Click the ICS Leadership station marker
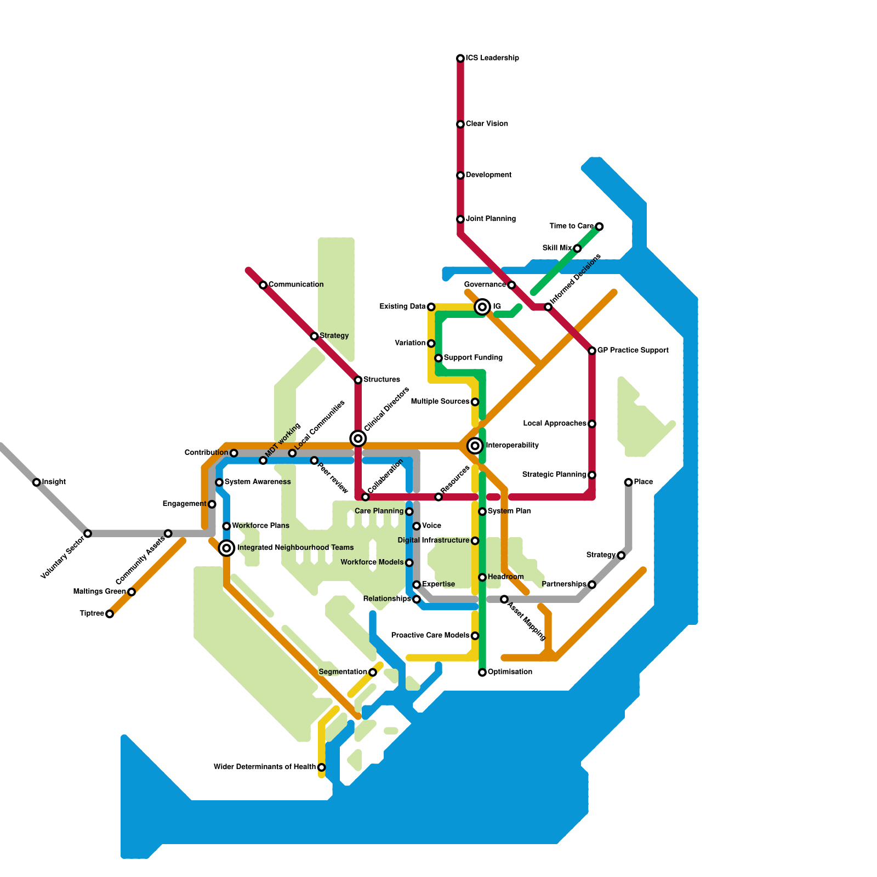coord(460,58)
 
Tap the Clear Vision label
coord(487,124)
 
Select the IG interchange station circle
coord(482,307)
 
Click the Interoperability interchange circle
coord(475,446)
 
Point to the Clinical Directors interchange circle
coord(358,438)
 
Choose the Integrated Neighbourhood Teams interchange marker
coord(226,548)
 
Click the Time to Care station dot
coord(599,226)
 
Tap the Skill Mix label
coord(557,248)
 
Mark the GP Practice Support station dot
coord(592,351)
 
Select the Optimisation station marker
coord(482,673)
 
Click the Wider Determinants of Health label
coord(264,767)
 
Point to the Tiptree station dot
coord(110,614)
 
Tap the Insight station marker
coord(36,482)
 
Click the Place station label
coord(643,482)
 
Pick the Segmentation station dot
coord(373,673)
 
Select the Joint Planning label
coord(491,219)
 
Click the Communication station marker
coord(263,285)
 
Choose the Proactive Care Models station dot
coord(475,636)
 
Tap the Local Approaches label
coord(555,424)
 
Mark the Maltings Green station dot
coord(132,592)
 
